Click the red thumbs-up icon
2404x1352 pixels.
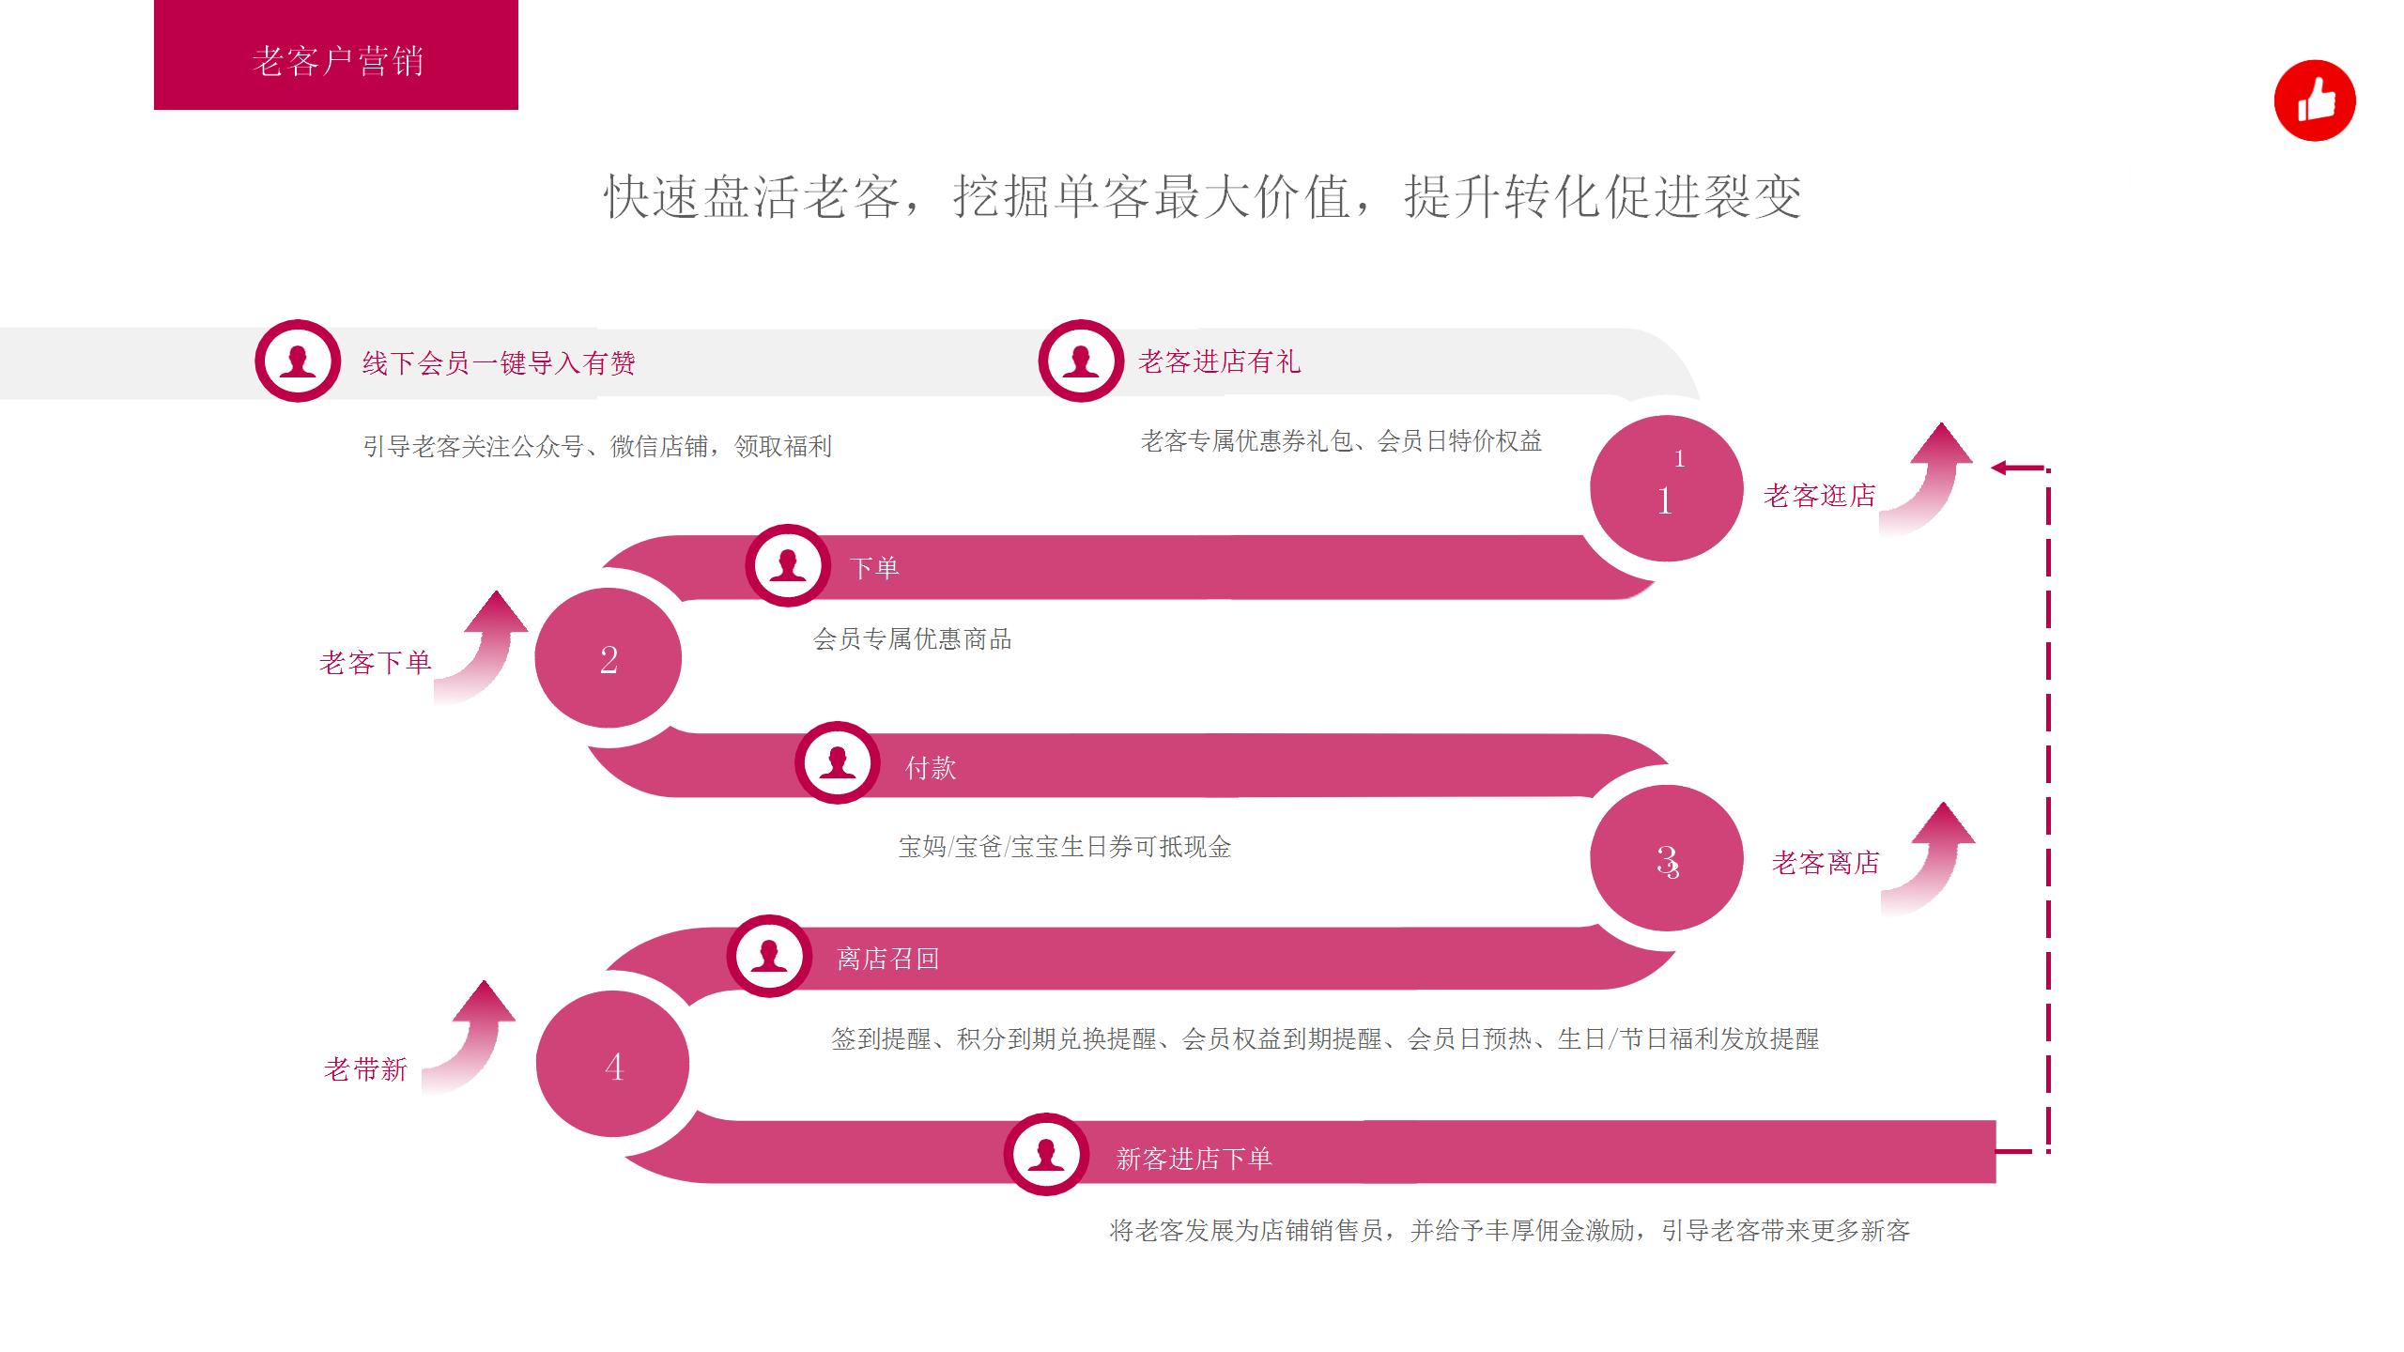tap(2314, 100)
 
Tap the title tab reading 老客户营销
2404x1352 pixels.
tap(336, 59)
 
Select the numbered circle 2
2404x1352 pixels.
tap(609, 658)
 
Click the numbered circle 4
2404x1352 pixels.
tap(613, 1065)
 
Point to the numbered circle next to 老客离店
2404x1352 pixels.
tap(1667, 858)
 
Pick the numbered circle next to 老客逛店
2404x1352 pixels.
tap(1667, 488)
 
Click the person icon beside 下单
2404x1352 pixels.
tap(788, 565)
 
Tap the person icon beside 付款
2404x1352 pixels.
tap(838, 762)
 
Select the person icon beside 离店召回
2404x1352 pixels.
tap(769, 956)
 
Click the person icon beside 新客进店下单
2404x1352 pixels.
tap(1046, 1154)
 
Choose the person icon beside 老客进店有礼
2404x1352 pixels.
tap(1081, 361)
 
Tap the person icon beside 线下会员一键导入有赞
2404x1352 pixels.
tap(298, 361)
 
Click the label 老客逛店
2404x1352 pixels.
tap(1819, 496)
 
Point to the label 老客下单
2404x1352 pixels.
tap(375, 663)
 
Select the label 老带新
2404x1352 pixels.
tap(365, 1069)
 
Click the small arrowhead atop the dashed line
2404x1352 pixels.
tap(1999, 468)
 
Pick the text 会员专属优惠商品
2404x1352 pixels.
tap(912, 639)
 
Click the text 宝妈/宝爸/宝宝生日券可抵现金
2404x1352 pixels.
tap(1064, 847)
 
